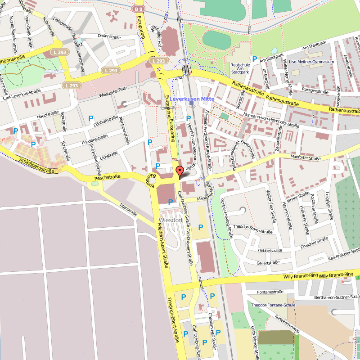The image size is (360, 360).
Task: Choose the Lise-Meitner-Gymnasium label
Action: [312, 62]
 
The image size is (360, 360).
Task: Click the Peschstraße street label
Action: [107, 178]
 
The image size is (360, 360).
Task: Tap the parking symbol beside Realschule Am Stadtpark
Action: [255, 58]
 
